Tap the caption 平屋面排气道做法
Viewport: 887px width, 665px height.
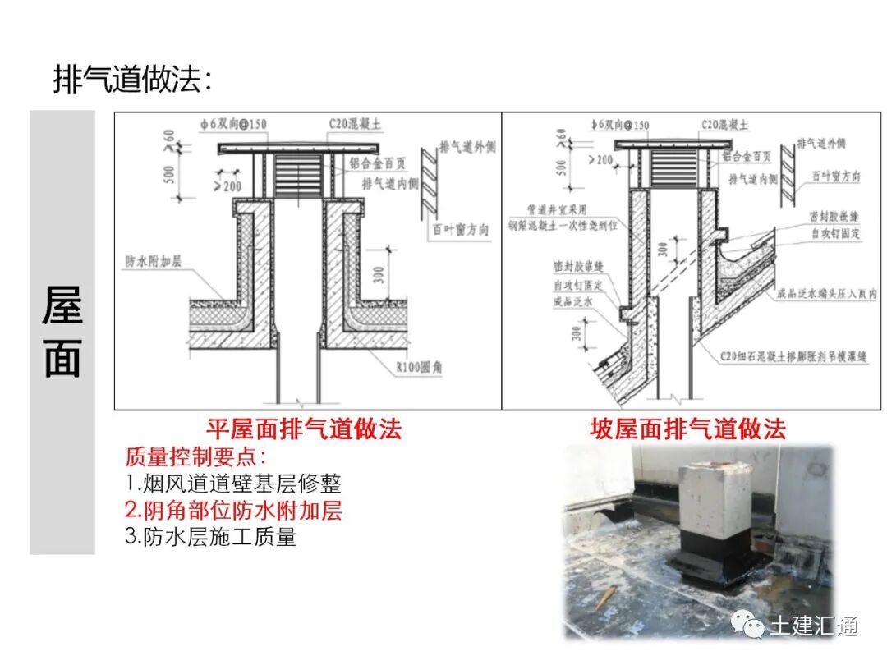pyautogui.click(x=304, y=429)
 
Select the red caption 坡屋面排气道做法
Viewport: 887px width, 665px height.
pyautogui.click(x=688, y=429)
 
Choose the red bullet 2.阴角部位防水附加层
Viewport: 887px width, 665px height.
pyautogui.click(x=233, y=511)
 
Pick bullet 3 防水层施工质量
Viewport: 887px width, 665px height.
pyautogui.click(x=210, y=538)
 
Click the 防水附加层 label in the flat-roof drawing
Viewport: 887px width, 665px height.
pyautogui.click(x=153, y=263)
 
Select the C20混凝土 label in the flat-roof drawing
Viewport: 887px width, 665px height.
pyautogui.click(x=355, y=125)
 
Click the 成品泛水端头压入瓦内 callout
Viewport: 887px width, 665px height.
pyautogui.click(x=826, y=293)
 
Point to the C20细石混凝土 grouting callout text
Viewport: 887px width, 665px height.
pyautogui.click(x=793, y=357)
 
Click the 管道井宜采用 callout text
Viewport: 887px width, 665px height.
pyautogui.click(x=559, y=210)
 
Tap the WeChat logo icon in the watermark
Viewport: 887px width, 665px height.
pyautogui.click(x=748, y=626)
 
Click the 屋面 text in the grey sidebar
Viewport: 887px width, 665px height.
pyautogui.click(x=62, y=332)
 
